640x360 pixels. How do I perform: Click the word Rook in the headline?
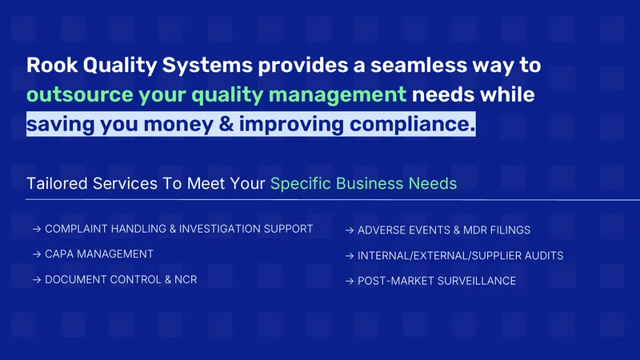(52, 65)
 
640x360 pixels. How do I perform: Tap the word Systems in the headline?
(207, 65)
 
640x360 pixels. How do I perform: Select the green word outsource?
(80, 94)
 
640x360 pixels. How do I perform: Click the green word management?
(338, 95)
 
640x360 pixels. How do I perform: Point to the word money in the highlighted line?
(178, 125)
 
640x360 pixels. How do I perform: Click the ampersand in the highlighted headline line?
(226, 124)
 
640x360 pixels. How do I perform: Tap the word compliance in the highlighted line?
(412, 125)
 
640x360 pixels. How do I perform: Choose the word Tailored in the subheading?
(57, 184)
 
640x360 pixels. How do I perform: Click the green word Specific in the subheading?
(301, 184)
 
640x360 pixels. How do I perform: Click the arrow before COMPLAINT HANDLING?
(37, 229)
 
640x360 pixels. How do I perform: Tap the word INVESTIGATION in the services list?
(219, 229)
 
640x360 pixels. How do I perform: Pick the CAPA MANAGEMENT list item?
(99, 254)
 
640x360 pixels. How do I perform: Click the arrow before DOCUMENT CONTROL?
(37, 279)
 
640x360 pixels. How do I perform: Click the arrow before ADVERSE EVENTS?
(350, 230)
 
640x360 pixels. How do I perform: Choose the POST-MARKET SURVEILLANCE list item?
(437, 281)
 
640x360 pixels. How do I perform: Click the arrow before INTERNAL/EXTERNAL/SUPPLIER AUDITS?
(350, 256)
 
